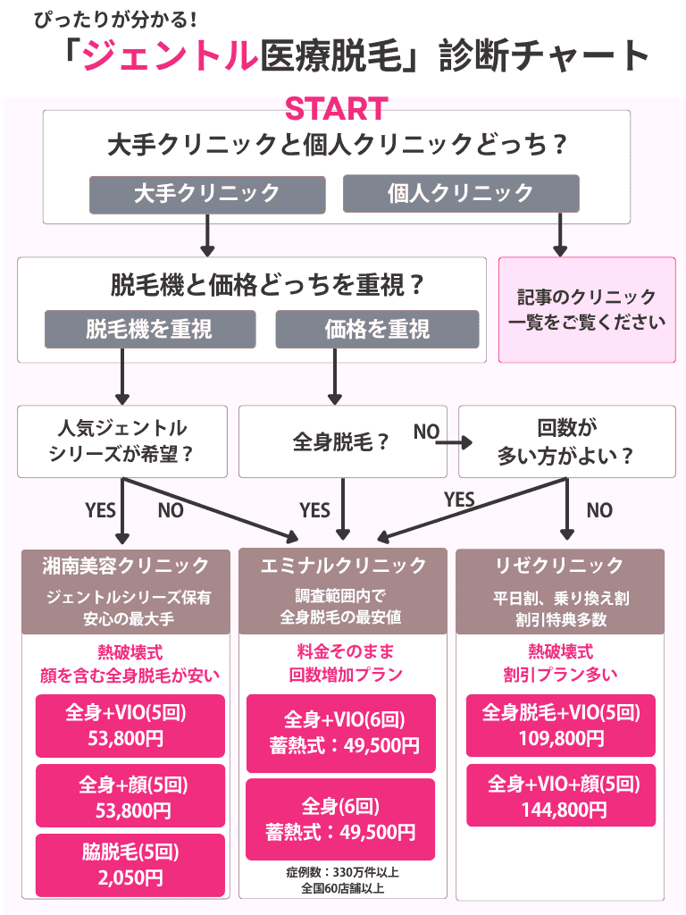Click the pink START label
[x=336, y=109]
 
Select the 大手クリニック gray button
[x=206, y=193]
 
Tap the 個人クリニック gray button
[x=461, y=193]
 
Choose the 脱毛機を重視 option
[x=150, y=329]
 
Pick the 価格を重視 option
[x=377, y=329]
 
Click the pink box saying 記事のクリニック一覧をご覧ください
[x=587, y=310]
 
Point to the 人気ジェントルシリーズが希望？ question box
[x=123, y=441]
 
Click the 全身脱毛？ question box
[x=342, y=441]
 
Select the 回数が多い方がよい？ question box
[x=566, y=441]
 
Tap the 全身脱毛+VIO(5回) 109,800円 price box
[x=561, y=725]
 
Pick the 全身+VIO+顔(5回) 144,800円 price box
[x=561, y=795]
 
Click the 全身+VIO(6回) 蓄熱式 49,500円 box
[x=342, y=733]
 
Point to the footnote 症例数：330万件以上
[x=343, y=872]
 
